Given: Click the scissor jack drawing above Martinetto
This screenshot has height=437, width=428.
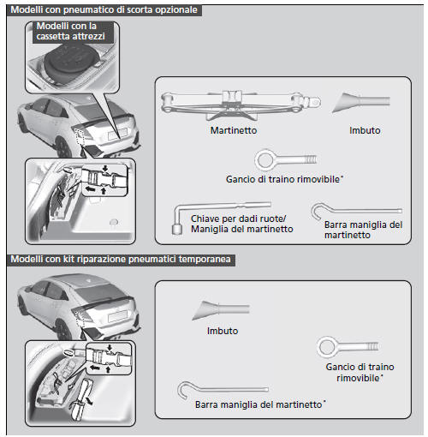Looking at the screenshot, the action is tap(241, 105).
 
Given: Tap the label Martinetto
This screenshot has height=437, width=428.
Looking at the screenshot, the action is tap(234, 130).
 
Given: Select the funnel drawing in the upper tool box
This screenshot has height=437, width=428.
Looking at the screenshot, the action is tap(361, 103).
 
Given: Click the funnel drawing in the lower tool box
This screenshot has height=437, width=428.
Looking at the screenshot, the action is tap(221, 310).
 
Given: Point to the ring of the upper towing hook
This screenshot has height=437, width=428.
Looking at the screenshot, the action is tap(257, 160).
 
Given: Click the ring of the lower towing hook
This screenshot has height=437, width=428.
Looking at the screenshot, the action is tap(319, 347).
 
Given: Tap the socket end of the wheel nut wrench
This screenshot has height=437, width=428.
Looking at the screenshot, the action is tap(177, 229).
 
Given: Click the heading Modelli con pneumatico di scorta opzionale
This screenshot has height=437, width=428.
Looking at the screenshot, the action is tap(104, 9).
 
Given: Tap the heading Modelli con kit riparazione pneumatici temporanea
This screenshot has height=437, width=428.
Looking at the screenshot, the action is tap(121, 259).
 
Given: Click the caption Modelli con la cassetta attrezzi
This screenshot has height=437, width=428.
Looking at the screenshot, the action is tap(70, 31).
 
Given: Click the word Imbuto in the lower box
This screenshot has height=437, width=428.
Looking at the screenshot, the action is tap(223, 331).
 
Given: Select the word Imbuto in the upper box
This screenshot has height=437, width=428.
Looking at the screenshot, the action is tap(365, 130).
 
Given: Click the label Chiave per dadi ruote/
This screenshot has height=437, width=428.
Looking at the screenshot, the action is tap(238, 218).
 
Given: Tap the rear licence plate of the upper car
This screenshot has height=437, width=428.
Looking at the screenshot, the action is tap(117, 134).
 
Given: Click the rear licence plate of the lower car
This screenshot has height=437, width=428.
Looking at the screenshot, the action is tap(118, 316).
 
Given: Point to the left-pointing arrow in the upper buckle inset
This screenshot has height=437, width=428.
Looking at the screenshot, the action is tap(90, 189).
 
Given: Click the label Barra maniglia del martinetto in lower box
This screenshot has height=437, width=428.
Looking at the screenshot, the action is tap(259, 404).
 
